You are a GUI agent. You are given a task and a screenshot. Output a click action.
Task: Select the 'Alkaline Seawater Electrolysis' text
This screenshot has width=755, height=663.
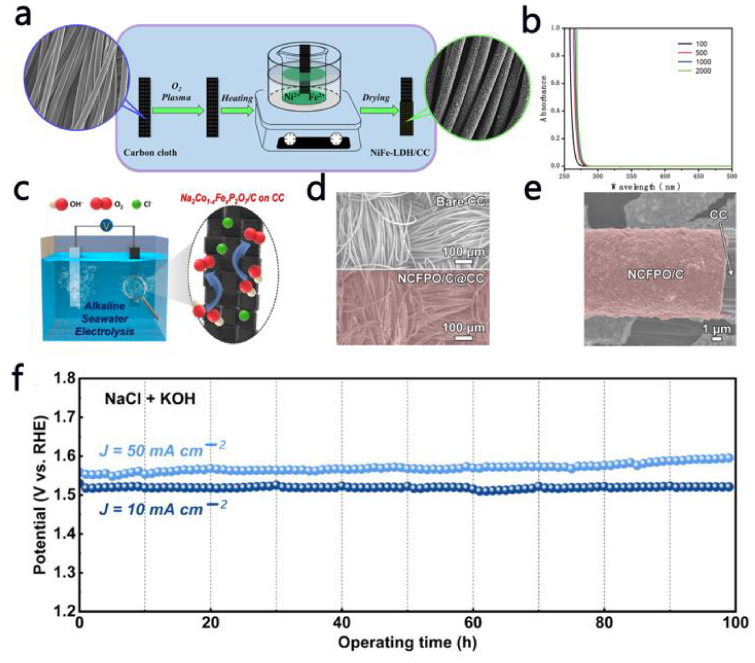tap(105, 319)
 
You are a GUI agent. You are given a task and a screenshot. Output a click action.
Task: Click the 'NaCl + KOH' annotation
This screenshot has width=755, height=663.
tap(150, 399)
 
